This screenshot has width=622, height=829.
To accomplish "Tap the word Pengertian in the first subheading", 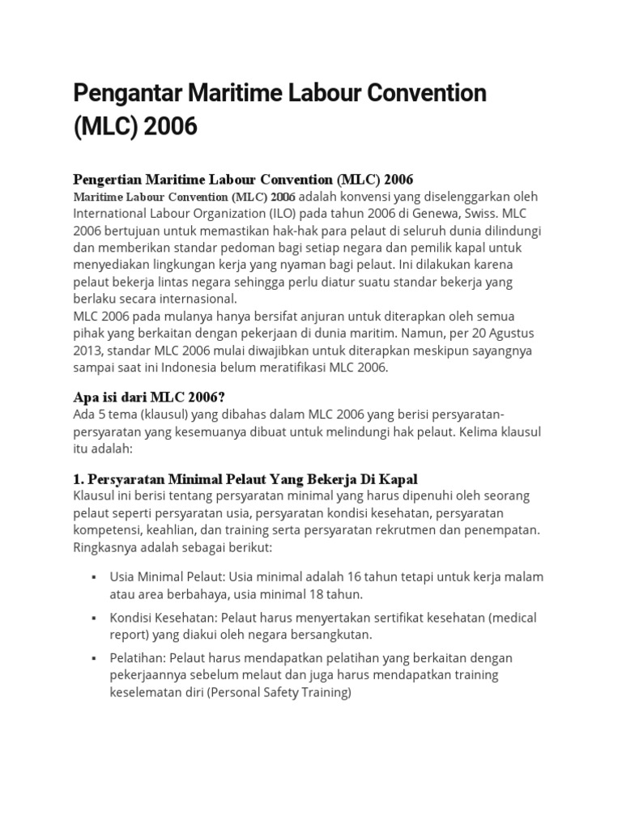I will [x=105, y=180].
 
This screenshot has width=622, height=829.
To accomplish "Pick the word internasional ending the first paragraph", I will [x=196, y=299].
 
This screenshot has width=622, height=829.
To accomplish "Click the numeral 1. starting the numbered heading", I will [x=79, y=478].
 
